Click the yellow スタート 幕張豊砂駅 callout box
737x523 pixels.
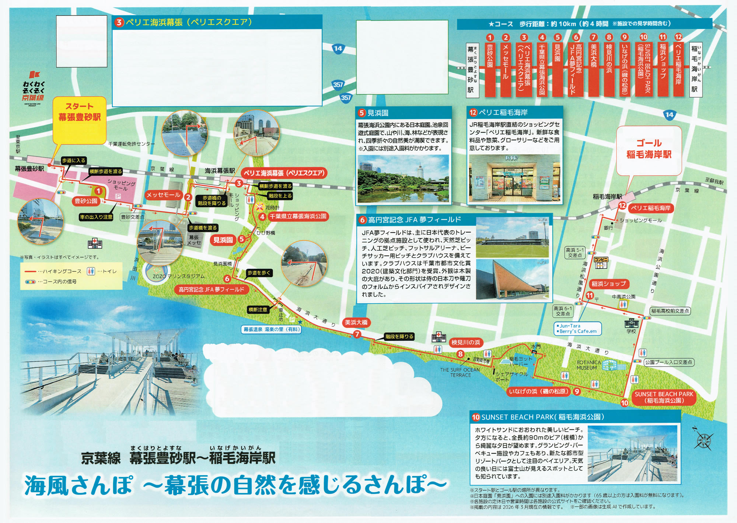[x=80, y=120]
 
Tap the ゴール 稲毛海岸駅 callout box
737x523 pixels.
[x=649, y=150]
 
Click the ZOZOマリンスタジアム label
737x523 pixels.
[x=178, y=276]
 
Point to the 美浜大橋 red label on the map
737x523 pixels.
[x=356, y=322]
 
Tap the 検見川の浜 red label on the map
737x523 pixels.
[x=466, y=343]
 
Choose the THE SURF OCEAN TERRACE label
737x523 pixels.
[x=460, y=373]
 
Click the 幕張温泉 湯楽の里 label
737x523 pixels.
[x=272, y=329]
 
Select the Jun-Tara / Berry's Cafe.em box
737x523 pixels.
[x=577, y=329]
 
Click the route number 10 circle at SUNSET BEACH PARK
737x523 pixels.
[x=625, y=403]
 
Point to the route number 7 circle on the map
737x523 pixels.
[x=357, y=335]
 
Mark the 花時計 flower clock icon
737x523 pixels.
[x=260, y=207]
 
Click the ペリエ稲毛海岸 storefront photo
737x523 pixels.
[x=514, y=178]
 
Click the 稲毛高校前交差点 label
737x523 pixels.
[x=670, y=311]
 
